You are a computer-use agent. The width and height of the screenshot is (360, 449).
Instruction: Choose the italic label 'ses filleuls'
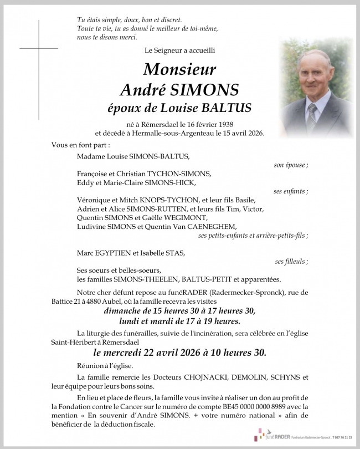pos(291,261)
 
